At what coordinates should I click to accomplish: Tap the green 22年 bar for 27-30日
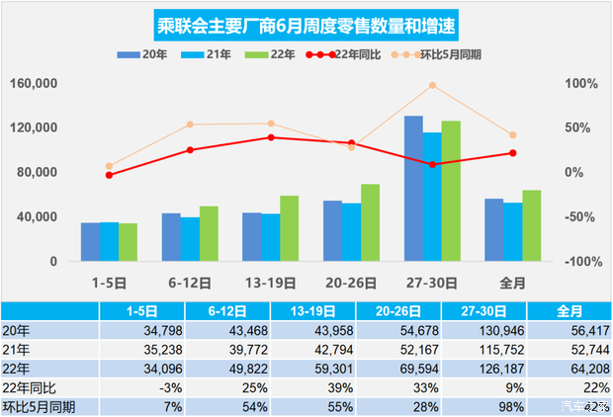(x=451, y=191)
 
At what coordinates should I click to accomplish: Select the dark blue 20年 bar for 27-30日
(x=413, y=189)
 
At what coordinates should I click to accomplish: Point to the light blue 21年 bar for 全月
(x=512, y=232)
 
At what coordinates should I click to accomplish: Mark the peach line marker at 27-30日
(x=432, y=86)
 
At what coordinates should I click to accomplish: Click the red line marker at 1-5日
(x=109, y=175)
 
